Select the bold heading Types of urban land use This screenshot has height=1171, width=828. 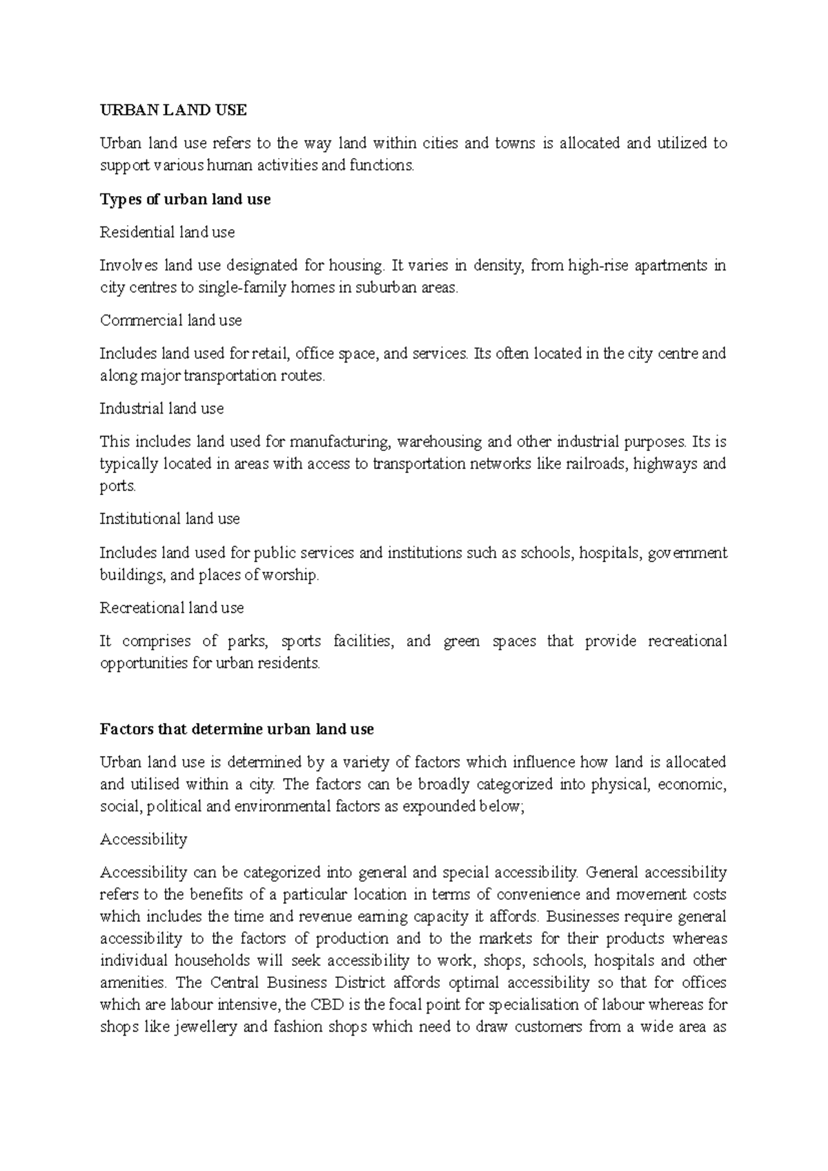point(185,200)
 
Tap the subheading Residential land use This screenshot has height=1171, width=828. point(167,233)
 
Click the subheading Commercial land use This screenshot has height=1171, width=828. point(170,320)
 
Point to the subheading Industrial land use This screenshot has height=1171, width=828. point(161,409)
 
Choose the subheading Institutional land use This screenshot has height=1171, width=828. point(169,519)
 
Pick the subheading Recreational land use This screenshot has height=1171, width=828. point(172,608)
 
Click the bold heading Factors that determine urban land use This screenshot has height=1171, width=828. point(237,729)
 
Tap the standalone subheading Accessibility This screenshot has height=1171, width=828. point(144,840)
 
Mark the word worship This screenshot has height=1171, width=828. point(293,575)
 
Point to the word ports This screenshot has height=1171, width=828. point(117,486)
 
